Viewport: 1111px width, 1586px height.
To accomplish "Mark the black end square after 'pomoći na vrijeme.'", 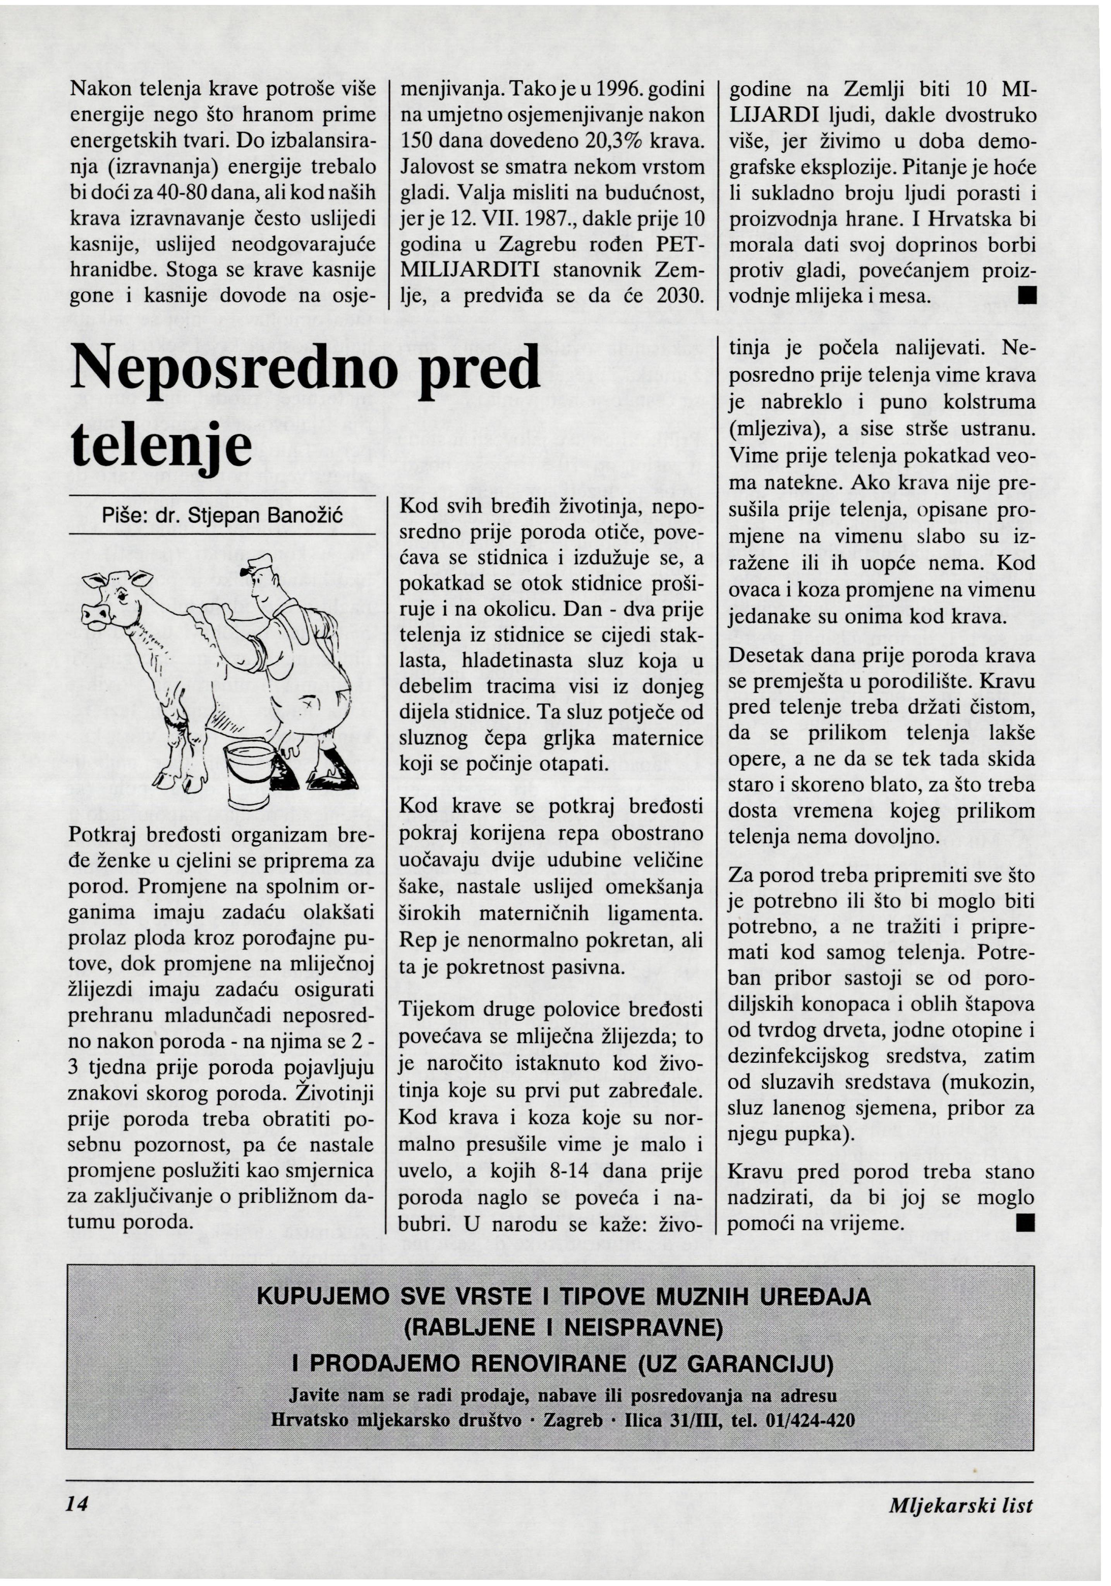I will [x=1026, y=1223].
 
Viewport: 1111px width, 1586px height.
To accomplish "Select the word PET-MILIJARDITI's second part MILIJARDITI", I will [x=470, y=270].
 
